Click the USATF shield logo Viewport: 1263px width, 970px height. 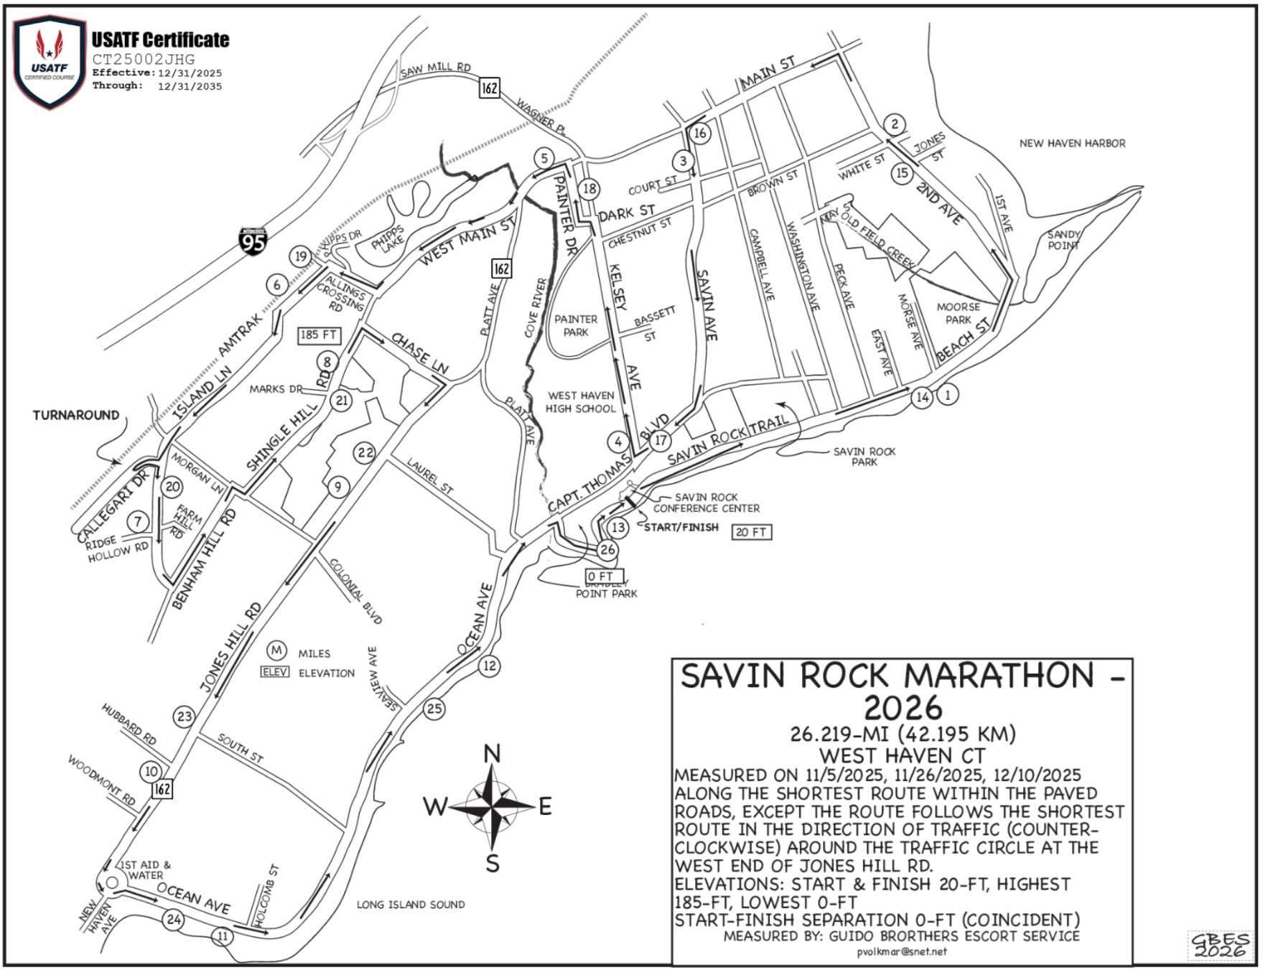click(x=50, y=62)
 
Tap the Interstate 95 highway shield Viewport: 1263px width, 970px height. click(x=253, y=241)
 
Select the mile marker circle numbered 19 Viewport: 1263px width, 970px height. click(x=301, y=256)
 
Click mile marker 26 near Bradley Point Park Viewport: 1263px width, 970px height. click(x=607, y=550)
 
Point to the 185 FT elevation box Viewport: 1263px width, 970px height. click(x=319, y=335)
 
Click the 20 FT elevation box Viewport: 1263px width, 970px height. click(x=751, y=532)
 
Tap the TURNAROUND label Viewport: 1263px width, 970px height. click(x=76, y=415)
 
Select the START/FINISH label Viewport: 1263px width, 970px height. click(x=681, y=527)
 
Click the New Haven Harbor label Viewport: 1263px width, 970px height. click(x=1072, y=144)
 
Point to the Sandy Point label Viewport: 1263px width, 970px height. click(x=1063, y=240)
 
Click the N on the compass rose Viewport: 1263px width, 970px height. click(x=492, y=754)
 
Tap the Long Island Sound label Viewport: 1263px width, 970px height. click(x=411, y=905)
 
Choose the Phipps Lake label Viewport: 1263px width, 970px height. click(x=388, y=240)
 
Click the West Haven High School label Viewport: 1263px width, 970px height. click(x=580, y=402)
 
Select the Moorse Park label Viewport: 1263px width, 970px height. click(x=958, y=313)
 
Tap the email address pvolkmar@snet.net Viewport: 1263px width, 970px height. click(x=902, y=952)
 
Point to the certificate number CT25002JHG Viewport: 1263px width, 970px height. click(x=144, y=59)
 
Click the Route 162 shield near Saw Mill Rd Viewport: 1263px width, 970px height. click(x=490, y=88)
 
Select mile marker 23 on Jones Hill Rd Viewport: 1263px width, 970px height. click(x=185, y=716)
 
